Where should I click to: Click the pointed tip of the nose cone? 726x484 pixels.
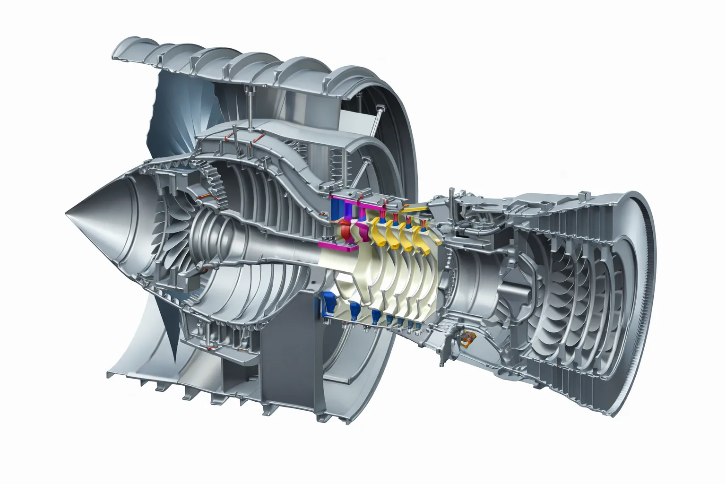[x=68, y=213]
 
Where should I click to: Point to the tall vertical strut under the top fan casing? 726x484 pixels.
[x=249, y=106]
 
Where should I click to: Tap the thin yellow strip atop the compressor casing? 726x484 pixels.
[x=416, y=208]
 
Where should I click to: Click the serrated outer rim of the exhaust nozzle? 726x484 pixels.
[x=650, y=302]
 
